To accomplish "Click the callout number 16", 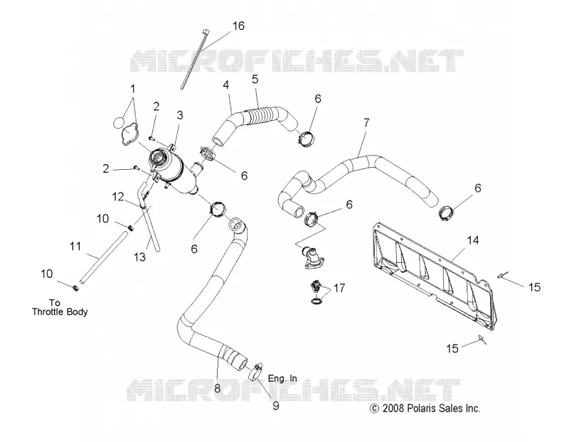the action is click(238, 26).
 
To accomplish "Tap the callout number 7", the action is click(366, 123).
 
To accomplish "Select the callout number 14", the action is click(473, 240).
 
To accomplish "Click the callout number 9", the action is click(276, 406).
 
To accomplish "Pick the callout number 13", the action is click(139, 257).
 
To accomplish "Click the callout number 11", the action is click(75, 247).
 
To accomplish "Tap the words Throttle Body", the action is click(60, 312).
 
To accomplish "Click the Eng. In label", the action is click(282, 379).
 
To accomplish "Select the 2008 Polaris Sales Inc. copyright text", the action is click(425, 409).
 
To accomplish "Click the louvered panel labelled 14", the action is click(431, 277).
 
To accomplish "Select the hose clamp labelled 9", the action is click(256, 372).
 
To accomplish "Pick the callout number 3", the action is click(180, 115).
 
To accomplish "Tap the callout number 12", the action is click(118, 197).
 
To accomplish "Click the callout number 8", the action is click(217, 388).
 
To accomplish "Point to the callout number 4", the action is click(226, 85).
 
